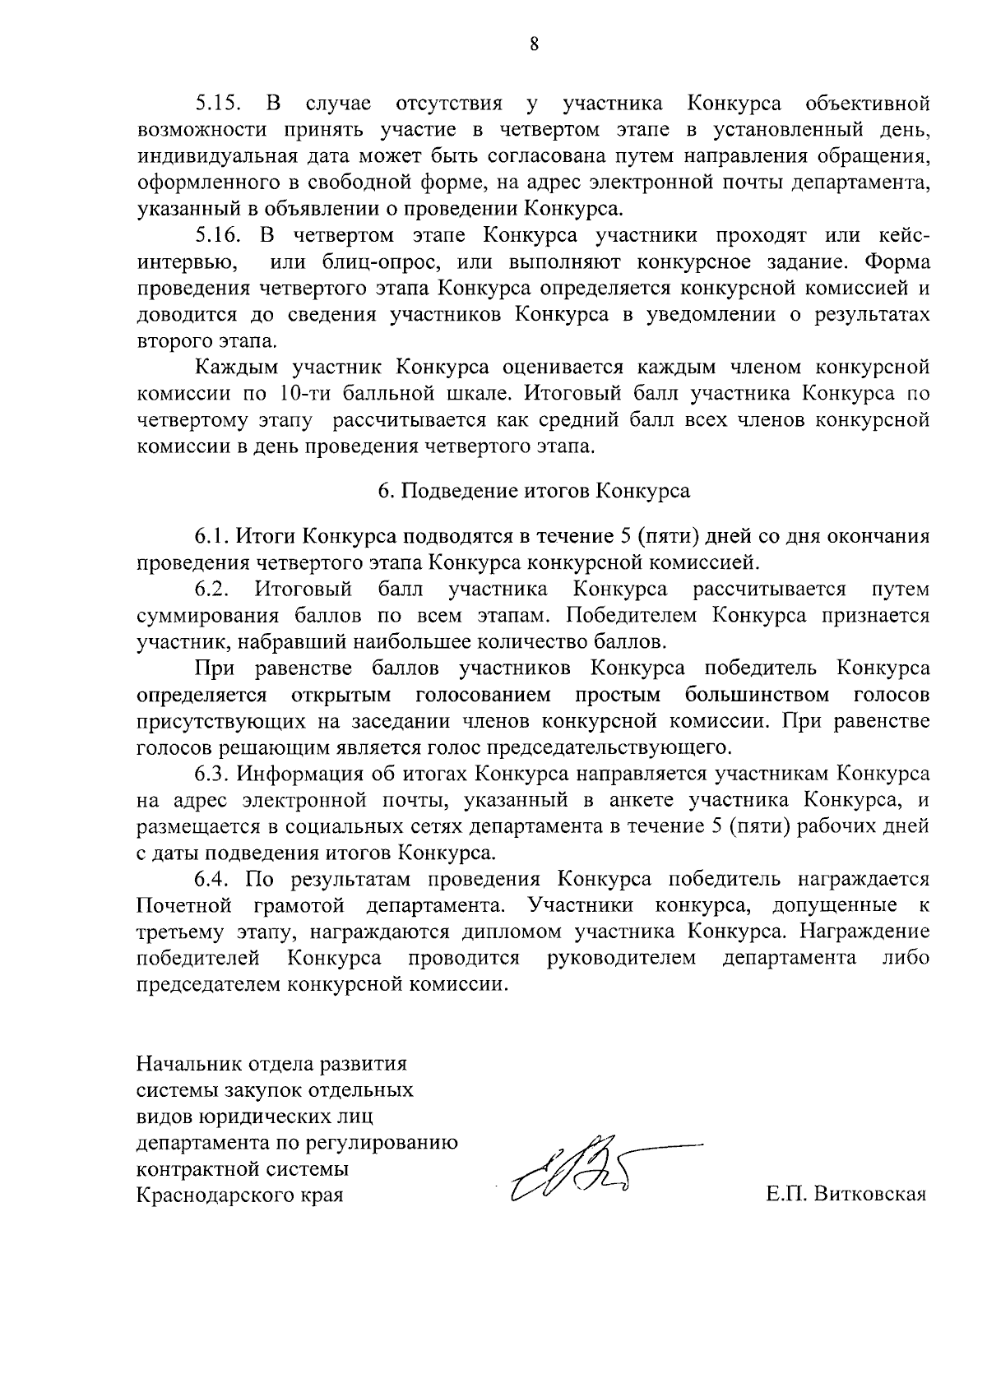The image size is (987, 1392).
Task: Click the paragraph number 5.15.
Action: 218,104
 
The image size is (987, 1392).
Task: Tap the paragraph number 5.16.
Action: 218,235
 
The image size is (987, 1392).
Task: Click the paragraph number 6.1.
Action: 213,537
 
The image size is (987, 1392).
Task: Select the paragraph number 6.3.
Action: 213,774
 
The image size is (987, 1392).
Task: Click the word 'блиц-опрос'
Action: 342,262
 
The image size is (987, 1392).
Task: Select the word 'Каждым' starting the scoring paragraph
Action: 229,367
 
